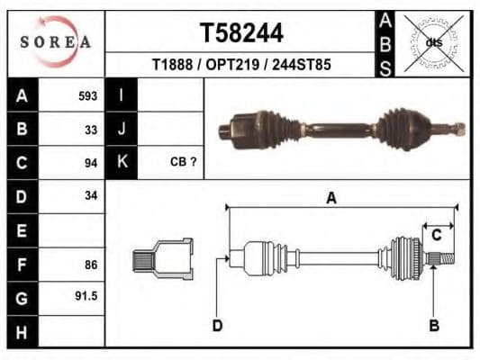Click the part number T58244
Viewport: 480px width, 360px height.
coord(240,34)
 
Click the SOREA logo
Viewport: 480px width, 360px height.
coord(56,42)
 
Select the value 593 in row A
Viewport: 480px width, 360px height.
coord(87,96)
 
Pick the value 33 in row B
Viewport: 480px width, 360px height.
coord(90,129)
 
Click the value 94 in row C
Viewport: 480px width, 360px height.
coord(90,163)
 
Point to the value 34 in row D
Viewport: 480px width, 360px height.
coord(90,195)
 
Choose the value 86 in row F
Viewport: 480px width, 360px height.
coord(90,265)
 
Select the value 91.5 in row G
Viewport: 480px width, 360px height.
coord(86,296)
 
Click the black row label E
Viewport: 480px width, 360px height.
coord(22,230)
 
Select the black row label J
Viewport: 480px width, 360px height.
coord(121,129)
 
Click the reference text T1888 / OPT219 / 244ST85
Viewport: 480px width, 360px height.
coord(240,65)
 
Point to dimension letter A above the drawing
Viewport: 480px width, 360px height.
coord(331,198)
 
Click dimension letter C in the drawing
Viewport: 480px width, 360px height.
coord(436,236)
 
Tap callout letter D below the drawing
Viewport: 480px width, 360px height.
coord(217,325)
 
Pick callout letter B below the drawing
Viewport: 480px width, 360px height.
coord(433,325)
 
